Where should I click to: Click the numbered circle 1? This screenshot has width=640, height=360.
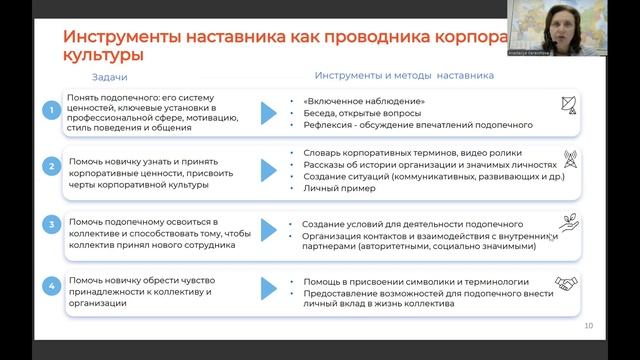(51, 110)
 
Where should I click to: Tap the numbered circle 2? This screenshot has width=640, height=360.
(51, 165)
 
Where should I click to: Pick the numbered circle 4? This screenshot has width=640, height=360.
(51, 287)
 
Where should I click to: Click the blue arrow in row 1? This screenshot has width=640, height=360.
(267, 113)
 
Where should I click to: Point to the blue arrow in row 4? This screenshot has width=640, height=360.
(267, 289)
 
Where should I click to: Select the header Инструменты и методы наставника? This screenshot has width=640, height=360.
(404, 75)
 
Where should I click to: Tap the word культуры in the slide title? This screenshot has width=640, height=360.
(101, 56)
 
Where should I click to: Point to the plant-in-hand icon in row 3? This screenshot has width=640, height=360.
(567, 227)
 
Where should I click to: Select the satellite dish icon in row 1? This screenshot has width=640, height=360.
(567, 106)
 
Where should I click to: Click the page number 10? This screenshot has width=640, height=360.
(588, 326)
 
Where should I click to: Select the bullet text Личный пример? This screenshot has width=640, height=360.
(320, 189)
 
